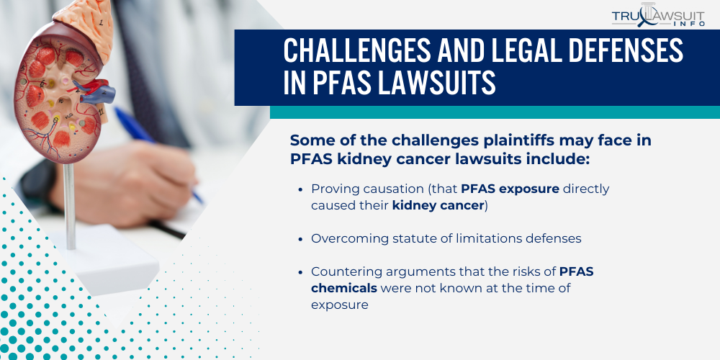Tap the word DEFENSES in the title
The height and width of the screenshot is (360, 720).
(x=614, y=52)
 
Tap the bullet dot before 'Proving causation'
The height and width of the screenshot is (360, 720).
(x=300, y=189)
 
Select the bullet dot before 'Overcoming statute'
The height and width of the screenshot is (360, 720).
(x=300, y=238)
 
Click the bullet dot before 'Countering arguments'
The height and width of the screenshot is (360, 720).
(x=300, y=272)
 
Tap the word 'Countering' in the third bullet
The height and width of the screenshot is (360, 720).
(x=343, y=272)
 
